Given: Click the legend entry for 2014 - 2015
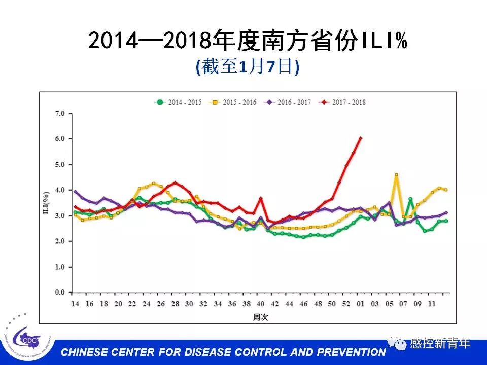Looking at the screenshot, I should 178,102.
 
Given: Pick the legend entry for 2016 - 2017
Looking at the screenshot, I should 289,102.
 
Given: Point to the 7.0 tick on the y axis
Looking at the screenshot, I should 60,113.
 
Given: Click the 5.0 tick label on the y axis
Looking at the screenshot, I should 60,164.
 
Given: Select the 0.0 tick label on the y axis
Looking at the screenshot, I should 60,293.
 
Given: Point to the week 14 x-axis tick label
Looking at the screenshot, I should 75,303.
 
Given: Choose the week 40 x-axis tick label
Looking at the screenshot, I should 261,303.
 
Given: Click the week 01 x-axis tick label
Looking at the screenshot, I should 361,303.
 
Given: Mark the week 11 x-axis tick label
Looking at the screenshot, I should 432,303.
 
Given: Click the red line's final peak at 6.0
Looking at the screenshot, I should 361,138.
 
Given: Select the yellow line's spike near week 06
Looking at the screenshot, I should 396,175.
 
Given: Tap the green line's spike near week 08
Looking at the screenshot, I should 410,199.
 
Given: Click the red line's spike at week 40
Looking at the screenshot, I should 261,198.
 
